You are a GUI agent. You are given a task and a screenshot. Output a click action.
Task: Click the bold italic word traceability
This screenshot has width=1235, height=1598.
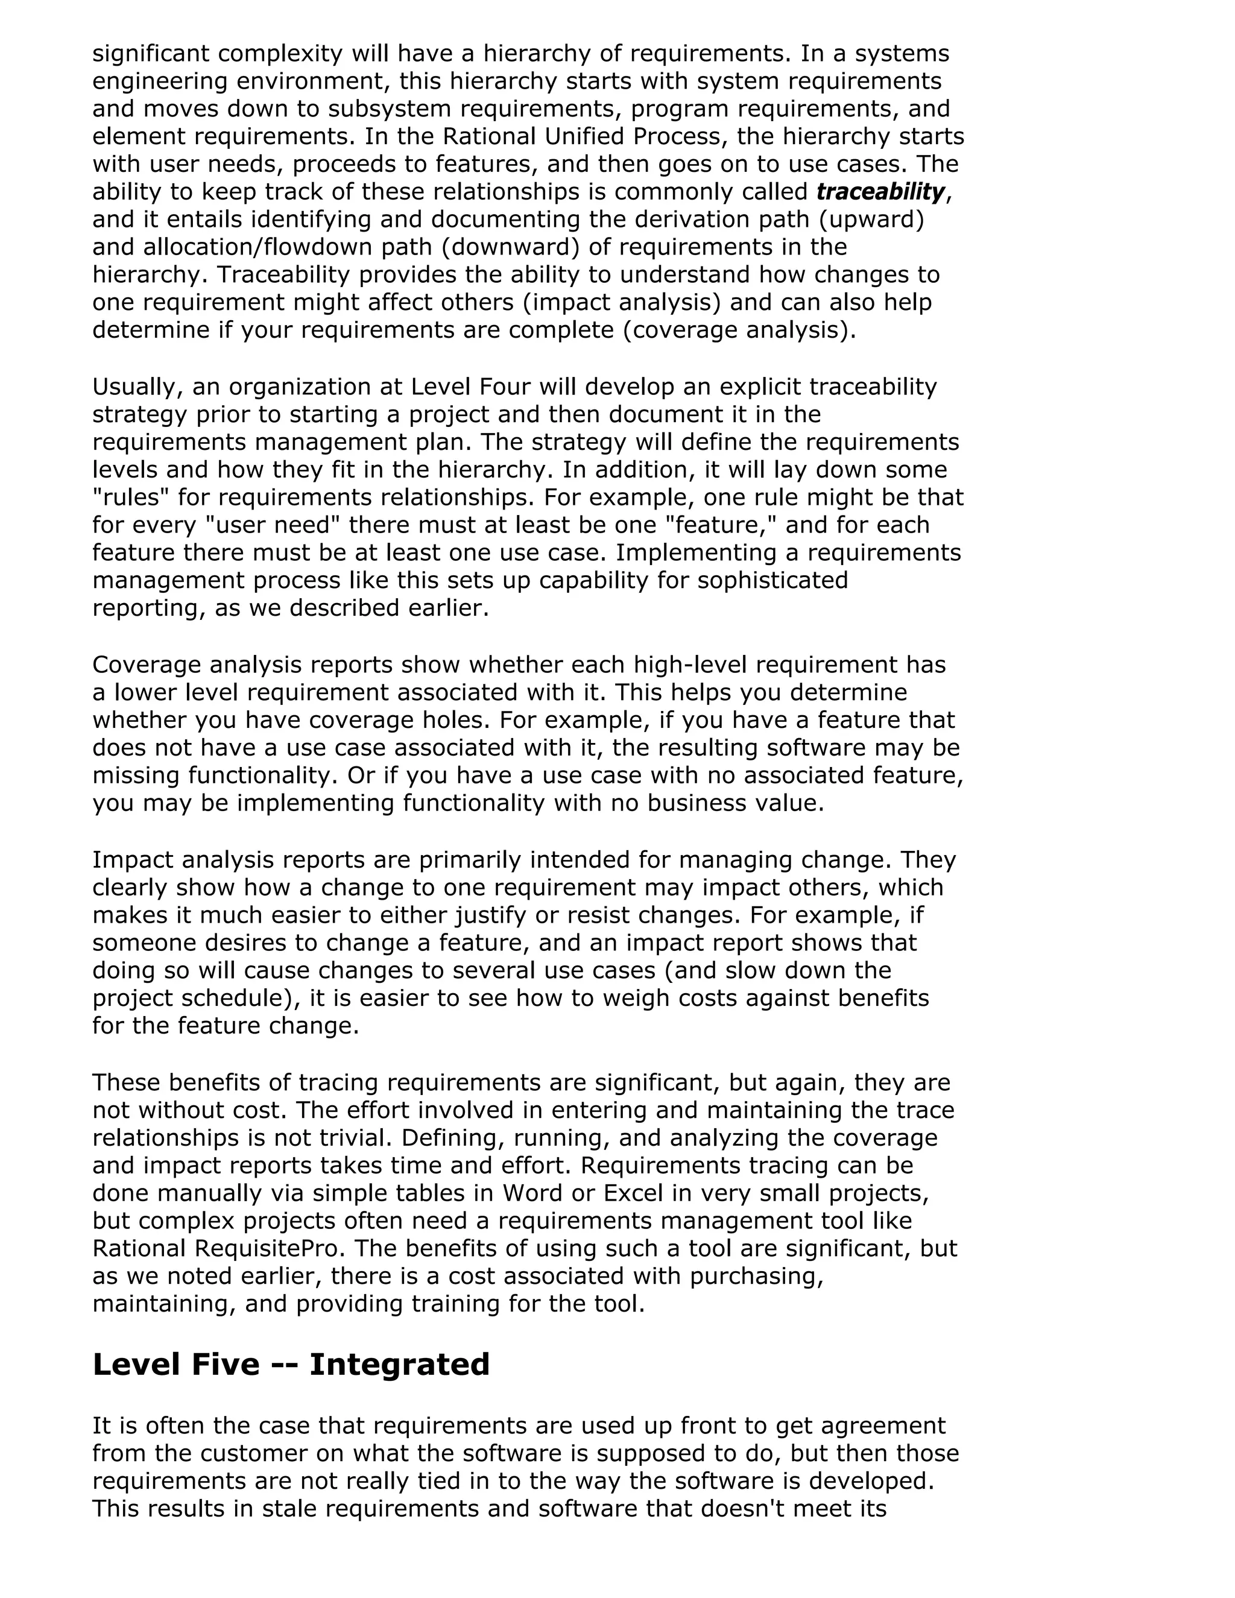pos(880,192)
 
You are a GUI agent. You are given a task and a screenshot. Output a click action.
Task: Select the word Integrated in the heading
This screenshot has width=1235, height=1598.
pos(399,1365)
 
